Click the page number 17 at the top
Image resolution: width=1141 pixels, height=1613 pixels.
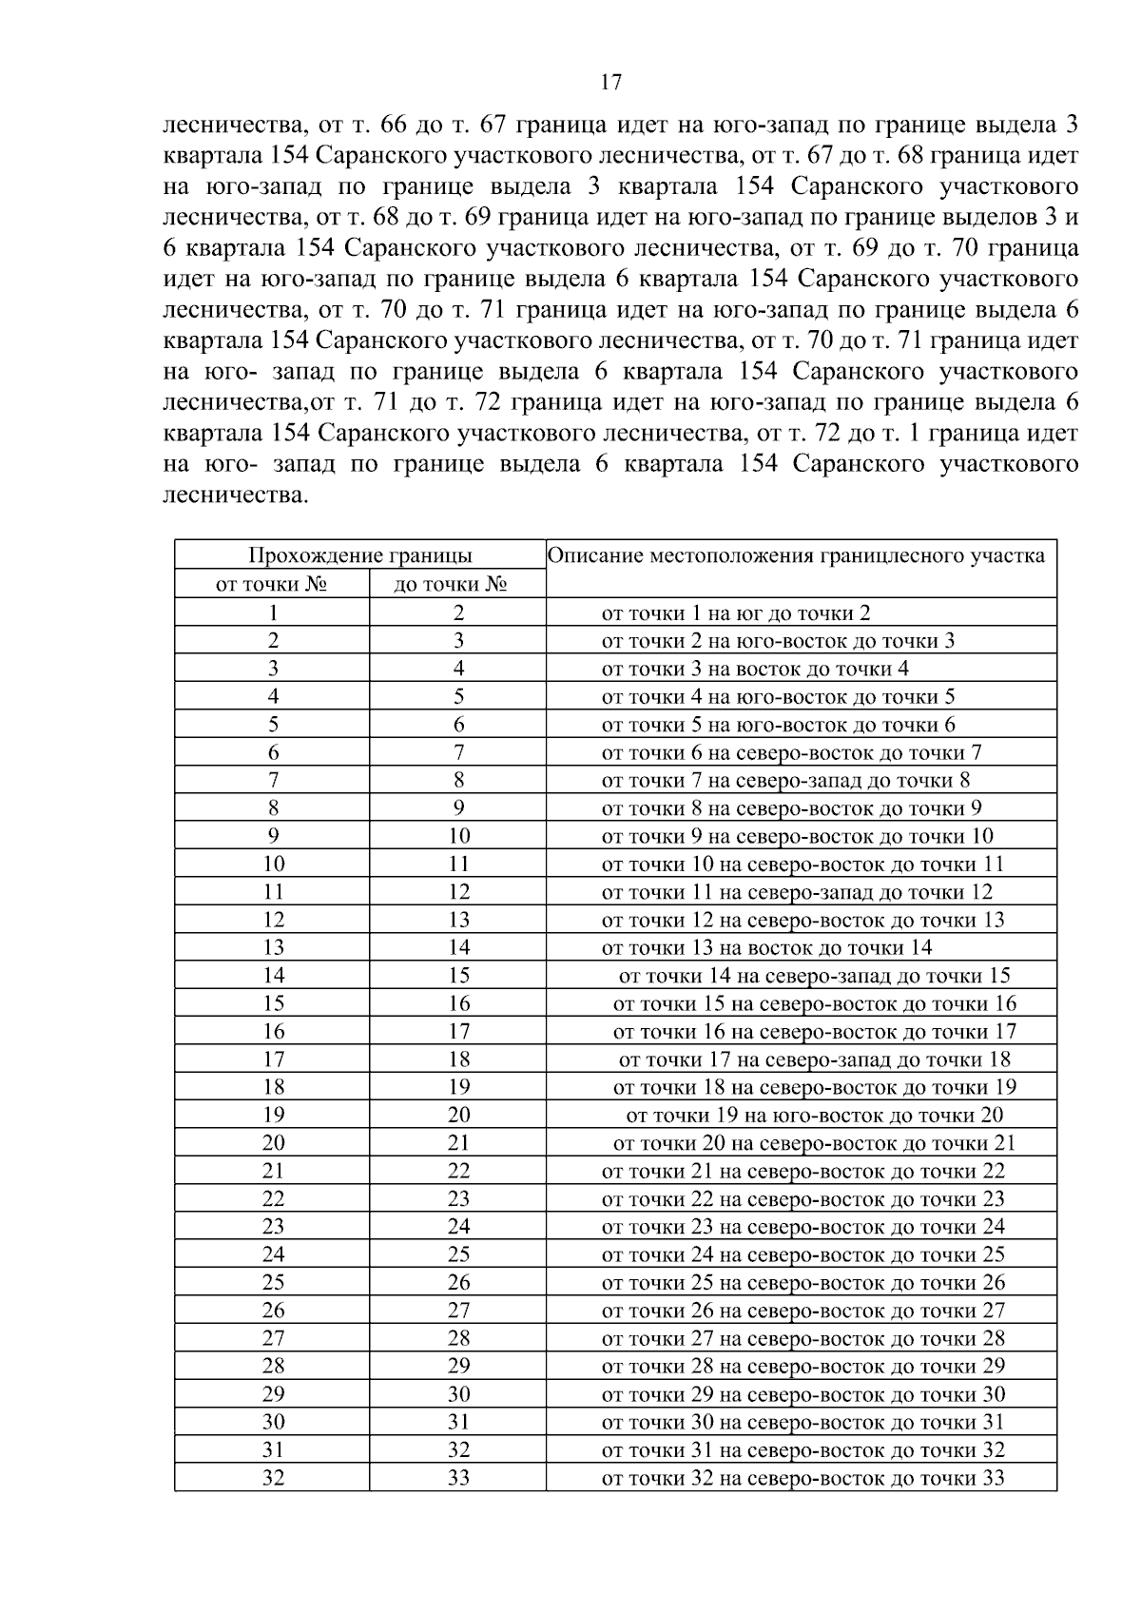click(611, 83)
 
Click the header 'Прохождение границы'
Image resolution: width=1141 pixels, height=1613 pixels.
click(360, 556)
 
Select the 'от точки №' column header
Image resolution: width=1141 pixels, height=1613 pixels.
click(272, 584)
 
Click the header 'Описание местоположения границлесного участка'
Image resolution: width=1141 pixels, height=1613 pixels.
click(796, 556)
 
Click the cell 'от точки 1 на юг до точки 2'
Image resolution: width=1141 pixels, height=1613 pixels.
click(736, 613)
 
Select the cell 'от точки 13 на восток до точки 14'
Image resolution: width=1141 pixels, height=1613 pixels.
click(766, 947)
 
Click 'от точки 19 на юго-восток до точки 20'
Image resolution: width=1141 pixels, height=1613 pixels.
click(814, 1115)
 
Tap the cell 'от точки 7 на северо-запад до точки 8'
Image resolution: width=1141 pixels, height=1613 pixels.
click(785, 781)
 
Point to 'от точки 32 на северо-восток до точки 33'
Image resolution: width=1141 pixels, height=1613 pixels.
click(803, 1478)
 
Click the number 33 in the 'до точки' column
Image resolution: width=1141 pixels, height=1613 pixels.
click(458, 1478)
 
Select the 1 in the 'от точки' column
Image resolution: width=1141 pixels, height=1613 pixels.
click(273, 613)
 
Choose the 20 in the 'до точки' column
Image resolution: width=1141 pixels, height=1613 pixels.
click(458, 1115)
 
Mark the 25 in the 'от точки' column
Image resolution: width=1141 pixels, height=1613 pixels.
click(273, 1282)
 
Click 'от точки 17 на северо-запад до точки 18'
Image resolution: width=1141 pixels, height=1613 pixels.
click(814, 1059)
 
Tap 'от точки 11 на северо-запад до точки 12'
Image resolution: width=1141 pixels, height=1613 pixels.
click(797, 892)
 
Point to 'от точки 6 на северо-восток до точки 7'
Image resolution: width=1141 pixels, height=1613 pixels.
click(791, 753)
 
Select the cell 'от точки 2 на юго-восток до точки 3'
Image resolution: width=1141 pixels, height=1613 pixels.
click(778, 641)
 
